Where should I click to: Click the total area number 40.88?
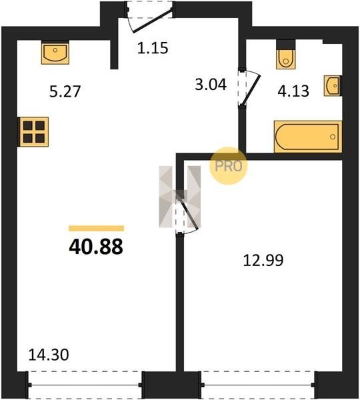[x=96, y=247]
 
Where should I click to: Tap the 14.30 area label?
[x=49, y=355]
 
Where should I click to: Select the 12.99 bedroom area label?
[x=263, y=261]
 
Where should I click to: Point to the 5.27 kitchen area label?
[x=65, y=91]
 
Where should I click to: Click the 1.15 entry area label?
[x=153, y=48]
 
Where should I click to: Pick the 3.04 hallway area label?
[x=211, y=85]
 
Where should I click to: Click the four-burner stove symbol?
[x=34, y=132]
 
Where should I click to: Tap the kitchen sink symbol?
[x=55, y=53]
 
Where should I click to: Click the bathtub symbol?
[x=308, y=137]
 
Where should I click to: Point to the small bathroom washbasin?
[x=332, y=86]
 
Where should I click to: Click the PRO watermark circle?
[x=229, y=166]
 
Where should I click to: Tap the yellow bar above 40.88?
[x=96, y=228]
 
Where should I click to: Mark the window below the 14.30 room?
[x=85, y=385]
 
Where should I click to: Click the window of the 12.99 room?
[x=258, y=385]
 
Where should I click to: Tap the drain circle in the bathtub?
[x=333, y=137]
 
